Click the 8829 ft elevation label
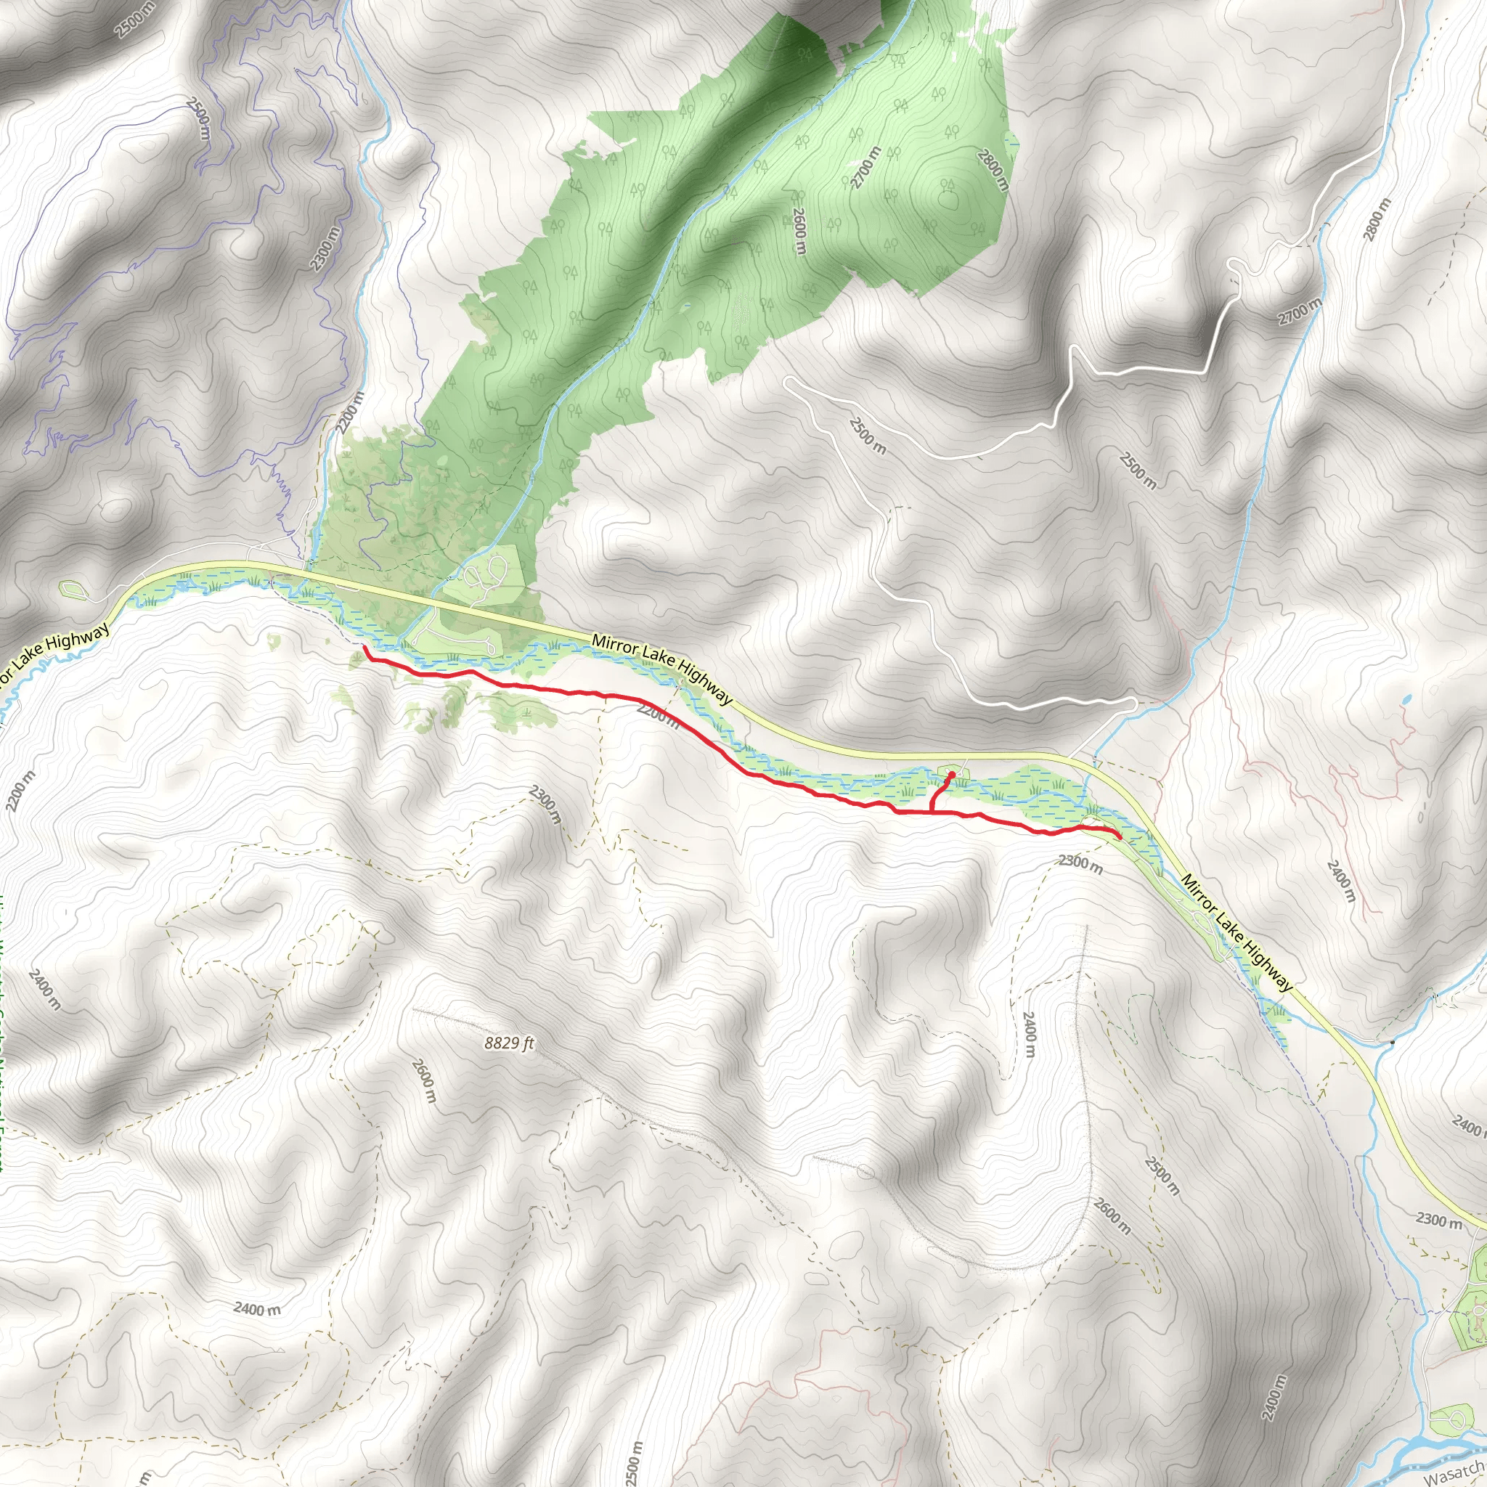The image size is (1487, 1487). pos(509,1043)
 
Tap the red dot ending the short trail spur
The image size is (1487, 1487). pos(952,774)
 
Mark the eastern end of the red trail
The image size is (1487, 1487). pos(1119,837)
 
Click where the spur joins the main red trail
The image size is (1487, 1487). pos(932,811)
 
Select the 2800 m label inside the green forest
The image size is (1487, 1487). pos(993,169)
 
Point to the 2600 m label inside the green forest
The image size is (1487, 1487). pos(799,231)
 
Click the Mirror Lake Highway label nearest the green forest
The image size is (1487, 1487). pos(662,669)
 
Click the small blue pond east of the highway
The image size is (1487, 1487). pos(1406,701)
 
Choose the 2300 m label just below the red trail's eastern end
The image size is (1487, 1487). pos(1080,863)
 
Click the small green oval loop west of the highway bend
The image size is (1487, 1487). pos(74,590)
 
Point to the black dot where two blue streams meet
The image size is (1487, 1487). pos(1393,1043)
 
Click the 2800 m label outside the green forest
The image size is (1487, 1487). pos(1377,219)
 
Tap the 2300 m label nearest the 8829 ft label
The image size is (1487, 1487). pos(546,804)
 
